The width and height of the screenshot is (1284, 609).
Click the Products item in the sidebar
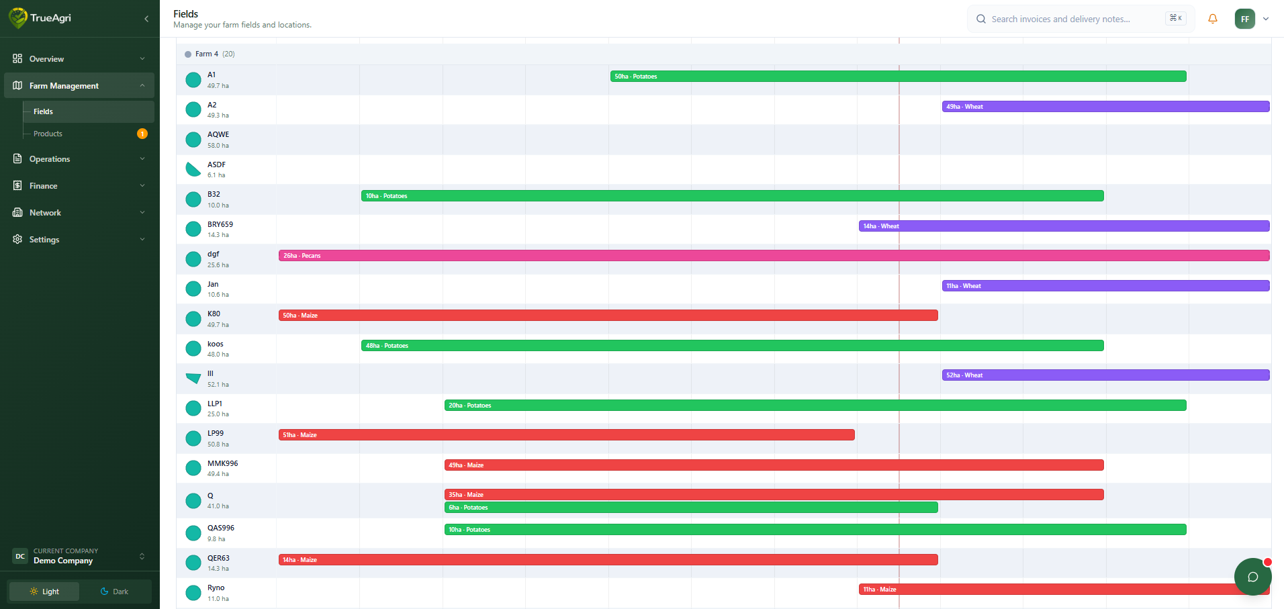[48, 134]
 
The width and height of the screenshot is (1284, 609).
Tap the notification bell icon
[1213, 19]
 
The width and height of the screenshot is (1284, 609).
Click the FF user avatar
[1244, 19]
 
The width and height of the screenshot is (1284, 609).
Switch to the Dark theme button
[115, 592]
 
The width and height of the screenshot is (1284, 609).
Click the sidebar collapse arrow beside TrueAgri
[146, 19]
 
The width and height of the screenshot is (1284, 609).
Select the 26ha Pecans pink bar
[774, 256]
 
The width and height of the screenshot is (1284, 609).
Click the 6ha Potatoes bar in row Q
[691, 508]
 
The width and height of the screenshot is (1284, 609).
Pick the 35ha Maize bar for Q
[774, 495]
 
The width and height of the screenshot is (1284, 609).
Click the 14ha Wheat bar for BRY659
[1064, 226]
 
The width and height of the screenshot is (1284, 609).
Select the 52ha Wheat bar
[1105, 375]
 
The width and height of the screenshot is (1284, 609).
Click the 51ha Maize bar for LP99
[566, 435]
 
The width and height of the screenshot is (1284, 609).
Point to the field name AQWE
[218, 134]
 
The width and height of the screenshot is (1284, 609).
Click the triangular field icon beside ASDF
[193, 169]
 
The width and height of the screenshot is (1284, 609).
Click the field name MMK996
[222, 463]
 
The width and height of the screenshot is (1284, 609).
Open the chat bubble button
[1252, 577]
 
